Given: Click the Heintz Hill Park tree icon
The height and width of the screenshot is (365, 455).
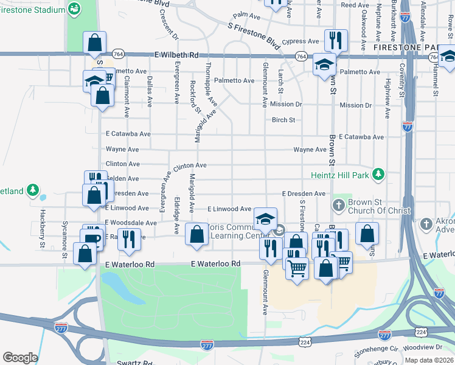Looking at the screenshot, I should [379, 175].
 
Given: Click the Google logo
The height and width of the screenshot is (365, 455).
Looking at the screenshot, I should [20, 358].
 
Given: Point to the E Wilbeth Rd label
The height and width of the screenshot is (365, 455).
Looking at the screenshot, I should [177, 55].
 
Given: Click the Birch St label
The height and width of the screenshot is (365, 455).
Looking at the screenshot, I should [283, 120].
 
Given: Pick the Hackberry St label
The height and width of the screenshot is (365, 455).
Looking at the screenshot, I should [43, 224].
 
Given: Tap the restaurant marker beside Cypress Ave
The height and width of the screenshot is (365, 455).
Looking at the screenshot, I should [336, 40].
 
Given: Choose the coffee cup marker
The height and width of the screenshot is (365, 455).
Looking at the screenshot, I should [93, 238].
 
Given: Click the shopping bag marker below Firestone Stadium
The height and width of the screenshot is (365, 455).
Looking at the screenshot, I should [95, 43].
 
